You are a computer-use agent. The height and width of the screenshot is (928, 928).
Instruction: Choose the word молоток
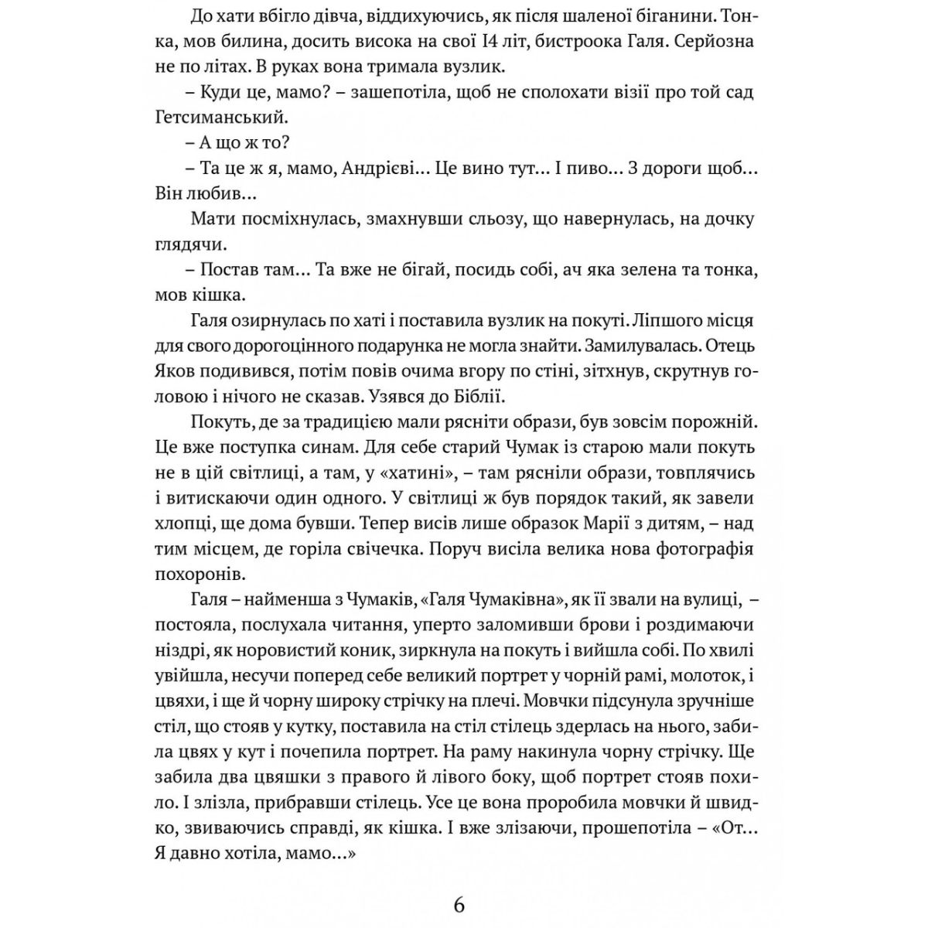tap(704, 676)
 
